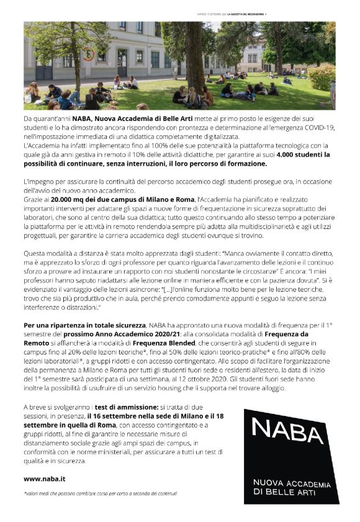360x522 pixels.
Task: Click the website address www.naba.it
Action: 44,479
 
